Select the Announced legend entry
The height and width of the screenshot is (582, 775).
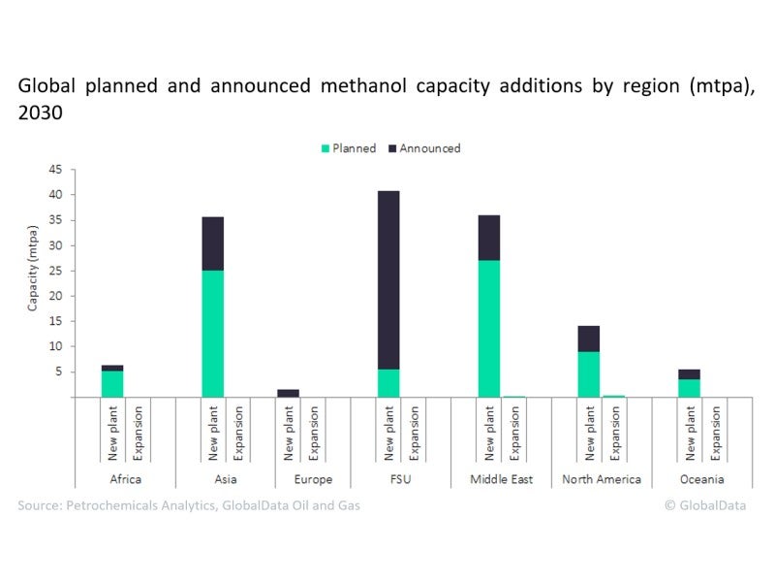[x=426, y=148]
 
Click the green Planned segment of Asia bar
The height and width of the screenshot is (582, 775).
[x=212, y=333]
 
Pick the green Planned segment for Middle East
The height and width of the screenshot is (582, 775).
[x=489, y=328]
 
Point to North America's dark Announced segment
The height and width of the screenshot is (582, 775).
[x=588, y=339]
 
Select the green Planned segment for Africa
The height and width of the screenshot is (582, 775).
[x=112, y=383]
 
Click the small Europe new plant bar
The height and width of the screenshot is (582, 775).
[x=288, y=393]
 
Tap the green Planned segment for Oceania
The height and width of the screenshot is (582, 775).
[x=689, y=387]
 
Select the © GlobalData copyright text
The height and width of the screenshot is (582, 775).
[x=705, y=505]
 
